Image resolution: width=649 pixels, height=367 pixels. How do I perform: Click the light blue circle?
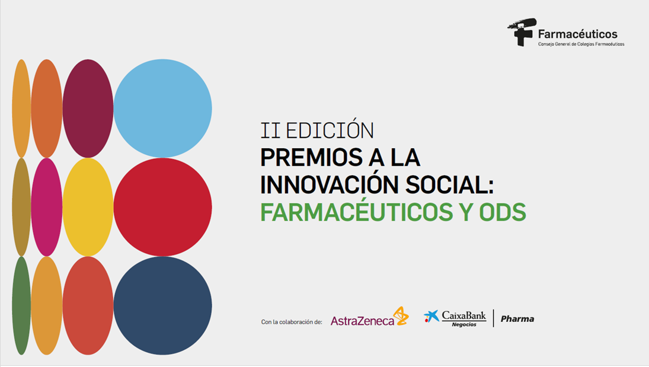[x=162, y=108]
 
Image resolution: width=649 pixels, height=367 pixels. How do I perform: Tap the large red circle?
[x=162, y=207]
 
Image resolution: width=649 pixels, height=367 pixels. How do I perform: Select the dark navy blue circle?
[x=162, y=305]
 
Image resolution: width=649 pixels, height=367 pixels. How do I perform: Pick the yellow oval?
[x=88, y=207]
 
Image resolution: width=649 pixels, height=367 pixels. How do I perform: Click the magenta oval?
[x=46, y=207]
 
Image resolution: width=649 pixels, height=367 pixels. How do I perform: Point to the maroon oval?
[x=88, y=108]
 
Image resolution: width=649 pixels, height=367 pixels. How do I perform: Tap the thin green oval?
[x=21, y=305]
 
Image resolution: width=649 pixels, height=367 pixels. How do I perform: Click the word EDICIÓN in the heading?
[x=330, y=130]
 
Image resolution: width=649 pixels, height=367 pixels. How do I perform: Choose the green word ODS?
[x=503, y=212]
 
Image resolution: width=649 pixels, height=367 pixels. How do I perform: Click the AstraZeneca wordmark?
[x=362, y=321]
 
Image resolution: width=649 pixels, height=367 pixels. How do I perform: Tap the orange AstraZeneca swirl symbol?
[x=401, y=316]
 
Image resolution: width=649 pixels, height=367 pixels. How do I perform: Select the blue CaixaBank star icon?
[x=431, y=317]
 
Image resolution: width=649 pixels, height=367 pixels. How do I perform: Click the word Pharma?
[x=517, y=319]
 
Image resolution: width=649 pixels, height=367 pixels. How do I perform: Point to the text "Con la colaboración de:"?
[x=292, y=322]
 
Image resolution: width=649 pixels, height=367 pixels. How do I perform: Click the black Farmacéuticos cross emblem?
[x=522, y=31]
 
